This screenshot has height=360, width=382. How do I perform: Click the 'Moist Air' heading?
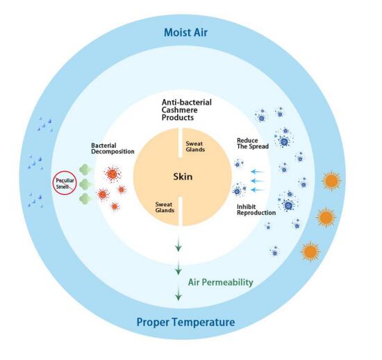click(185, 33)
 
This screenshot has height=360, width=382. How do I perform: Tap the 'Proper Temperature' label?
click(186, 323)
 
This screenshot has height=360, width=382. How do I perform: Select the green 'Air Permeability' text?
click(221, 282)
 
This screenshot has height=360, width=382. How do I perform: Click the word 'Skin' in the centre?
click(183, 177)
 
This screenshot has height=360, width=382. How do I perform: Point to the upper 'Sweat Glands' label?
click(195, 146)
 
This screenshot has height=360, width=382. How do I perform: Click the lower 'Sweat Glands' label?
click(165, 207)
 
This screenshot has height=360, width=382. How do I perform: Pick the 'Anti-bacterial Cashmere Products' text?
click(187, 110)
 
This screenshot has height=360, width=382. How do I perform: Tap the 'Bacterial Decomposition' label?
click(113, 148)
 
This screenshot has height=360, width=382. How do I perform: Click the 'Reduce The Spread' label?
click(253, 144)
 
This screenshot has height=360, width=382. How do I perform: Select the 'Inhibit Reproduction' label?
click(256, 210)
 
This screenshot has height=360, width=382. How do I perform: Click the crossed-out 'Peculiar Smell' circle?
click(65, 183)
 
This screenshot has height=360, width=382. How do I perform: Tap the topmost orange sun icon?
click(331, 181)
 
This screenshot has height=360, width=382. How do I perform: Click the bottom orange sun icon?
click(310, 252)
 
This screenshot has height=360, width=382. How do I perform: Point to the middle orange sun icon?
click(326, 218)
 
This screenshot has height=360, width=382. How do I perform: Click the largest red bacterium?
click(113, 174)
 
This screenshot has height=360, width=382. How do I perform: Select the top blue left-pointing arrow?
click(258, 172)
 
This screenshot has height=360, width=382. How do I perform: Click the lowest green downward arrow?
click(178, 293)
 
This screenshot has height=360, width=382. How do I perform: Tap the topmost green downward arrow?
click(178, 244)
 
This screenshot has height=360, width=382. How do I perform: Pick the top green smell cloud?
click(86, 169)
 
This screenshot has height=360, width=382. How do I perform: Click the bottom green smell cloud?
click(86, 199)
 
